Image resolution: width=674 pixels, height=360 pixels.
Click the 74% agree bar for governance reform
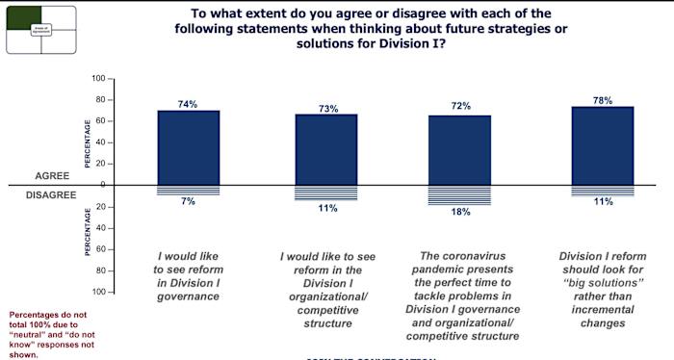tap(189, 146)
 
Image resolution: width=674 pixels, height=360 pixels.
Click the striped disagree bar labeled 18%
tap(459, 194)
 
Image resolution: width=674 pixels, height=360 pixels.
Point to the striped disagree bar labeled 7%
tap(189, 189)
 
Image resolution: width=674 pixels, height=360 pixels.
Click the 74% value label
tap(189, 102)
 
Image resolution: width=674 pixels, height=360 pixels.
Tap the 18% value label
tap(460, 212)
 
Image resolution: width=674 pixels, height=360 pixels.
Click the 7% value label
tap(189, 201)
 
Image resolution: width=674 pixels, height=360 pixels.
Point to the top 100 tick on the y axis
tap(97, 78)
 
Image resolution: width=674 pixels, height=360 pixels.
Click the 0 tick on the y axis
tap(101, 185)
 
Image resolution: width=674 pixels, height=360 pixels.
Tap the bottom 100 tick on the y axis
tap(97, 292)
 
